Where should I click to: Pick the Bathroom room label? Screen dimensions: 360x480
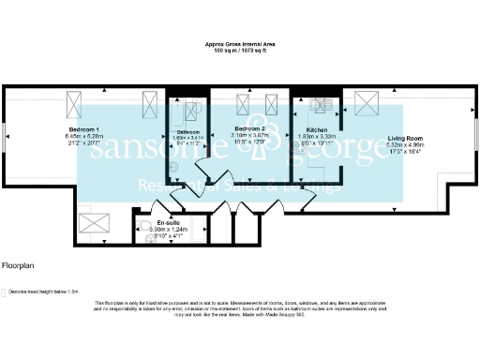[188, 132]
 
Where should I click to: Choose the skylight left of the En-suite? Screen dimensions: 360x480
[95, 226]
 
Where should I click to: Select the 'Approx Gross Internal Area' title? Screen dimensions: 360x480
[240, 43]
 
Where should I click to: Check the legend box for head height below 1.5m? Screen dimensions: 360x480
[5, 291]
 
